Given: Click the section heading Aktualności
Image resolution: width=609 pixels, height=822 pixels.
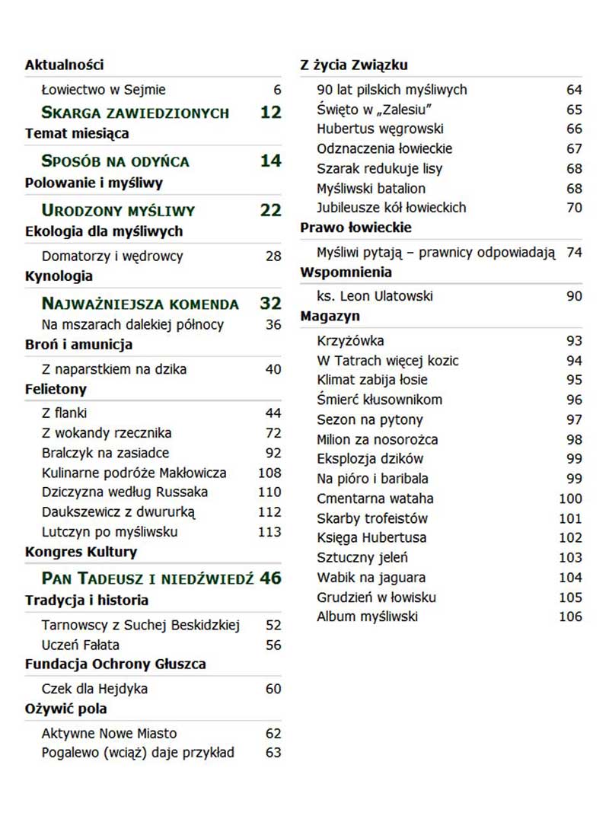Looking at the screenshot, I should tap(64, 65).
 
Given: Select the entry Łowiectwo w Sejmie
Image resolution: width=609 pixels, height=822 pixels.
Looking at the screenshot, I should tap(104, 90).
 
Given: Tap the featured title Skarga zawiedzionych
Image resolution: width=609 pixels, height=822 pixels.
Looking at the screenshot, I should tap(135, 113).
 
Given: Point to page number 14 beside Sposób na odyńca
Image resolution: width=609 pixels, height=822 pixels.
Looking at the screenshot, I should tap(270, 161).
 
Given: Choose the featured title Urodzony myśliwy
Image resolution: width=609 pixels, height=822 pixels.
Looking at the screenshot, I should tap(118, 211).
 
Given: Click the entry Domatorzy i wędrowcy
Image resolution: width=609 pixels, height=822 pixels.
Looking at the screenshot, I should tap(112, 256).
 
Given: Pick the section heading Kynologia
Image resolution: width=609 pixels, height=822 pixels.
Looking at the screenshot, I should tap(59, 276).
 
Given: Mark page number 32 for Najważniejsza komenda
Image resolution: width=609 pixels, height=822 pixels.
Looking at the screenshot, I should tap(270, 304).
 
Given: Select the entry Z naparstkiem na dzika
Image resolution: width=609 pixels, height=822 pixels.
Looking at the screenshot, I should tap(114, 369).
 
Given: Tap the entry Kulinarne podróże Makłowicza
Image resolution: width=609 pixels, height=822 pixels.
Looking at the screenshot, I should tap(134, 473).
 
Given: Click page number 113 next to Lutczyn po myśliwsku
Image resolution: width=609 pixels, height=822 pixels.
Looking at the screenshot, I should tap(269, 532).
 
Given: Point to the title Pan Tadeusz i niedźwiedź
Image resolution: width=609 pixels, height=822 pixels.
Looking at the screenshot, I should tap(147, 578).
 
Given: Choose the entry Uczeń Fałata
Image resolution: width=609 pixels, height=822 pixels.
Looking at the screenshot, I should tap(81, 645).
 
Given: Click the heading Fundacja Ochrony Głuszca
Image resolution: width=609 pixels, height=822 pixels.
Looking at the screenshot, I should tap(115, 664).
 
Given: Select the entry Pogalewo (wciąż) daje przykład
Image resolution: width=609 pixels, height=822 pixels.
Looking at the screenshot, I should tap(138, 753).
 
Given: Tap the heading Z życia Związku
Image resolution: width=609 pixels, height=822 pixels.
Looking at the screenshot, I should tap(353, 65).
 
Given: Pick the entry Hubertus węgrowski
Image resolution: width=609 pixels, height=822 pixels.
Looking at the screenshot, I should tap(380, 129).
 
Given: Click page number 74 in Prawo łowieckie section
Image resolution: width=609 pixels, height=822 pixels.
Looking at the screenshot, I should tap(574, 253).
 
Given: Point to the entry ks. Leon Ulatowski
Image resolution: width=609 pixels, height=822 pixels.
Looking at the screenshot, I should tap(375, 296).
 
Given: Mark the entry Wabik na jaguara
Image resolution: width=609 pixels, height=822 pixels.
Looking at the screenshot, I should tap(371, 578).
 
